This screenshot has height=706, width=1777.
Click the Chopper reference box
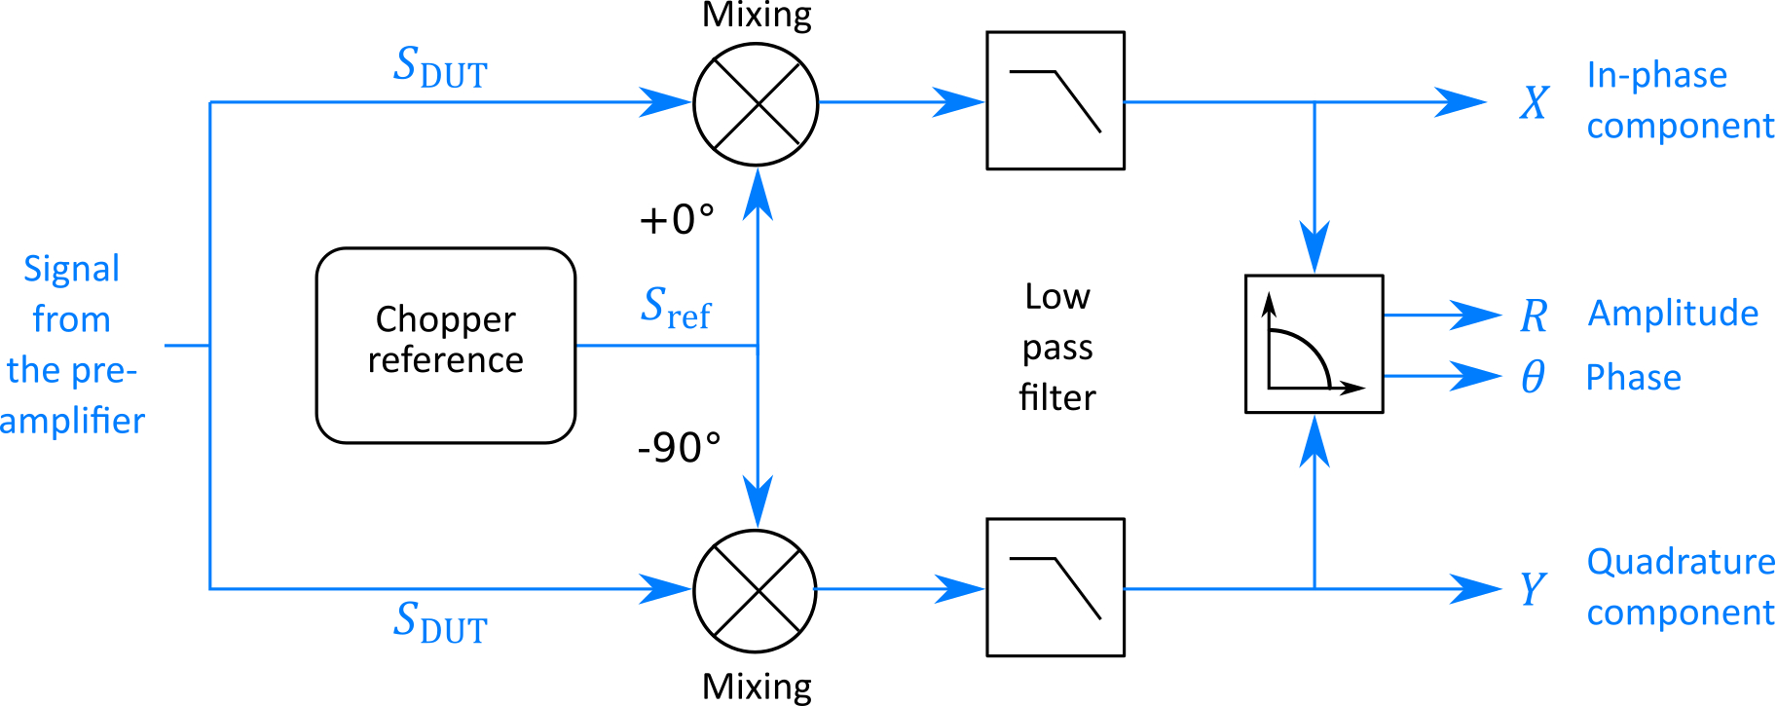pos(446,345)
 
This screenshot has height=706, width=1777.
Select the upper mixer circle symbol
pos(756,103)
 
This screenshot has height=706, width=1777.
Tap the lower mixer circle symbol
pos(756,590)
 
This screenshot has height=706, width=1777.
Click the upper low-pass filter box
pos(1055,100)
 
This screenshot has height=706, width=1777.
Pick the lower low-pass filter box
pos(1055,587)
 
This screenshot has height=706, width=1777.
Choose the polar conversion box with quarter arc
pos(1314,344)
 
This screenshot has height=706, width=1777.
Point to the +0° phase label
pos(677,220)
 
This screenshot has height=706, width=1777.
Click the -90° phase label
pos(679,448)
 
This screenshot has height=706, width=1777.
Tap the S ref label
pos(676,307)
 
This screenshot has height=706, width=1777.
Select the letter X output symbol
pos(1535,102)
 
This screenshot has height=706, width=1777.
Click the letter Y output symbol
pos(1533,589)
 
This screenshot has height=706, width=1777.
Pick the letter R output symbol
pos(1535,316)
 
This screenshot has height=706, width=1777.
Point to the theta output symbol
pos(1533,377)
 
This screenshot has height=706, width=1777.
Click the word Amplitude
pos(1673,314)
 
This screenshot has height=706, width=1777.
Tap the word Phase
pos(1633,378)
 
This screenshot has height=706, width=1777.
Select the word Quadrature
pos(1681,562)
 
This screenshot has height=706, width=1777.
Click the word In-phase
pos(1657,75)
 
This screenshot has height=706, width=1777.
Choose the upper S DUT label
pos(440,67)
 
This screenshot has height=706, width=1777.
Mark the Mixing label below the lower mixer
pos(757,687)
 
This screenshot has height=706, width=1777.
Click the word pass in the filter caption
pos(1057,348)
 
